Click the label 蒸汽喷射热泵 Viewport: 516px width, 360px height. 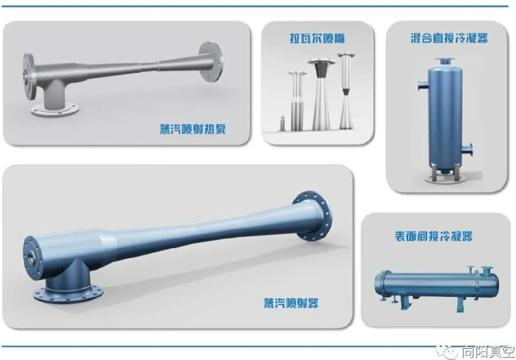coord(193,129)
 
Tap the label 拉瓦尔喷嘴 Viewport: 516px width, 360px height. coord(317,38)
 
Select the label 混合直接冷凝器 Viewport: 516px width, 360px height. coord(449,38)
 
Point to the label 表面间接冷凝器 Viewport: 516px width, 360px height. coord(434,236)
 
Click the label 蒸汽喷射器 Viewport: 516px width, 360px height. coord(291,303)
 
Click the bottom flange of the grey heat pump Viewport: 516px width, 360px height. coord(55,109)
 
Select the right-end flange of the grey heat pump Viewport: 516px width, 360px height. coord(210,61)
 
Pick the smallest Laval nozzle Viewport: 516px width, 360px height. coord(282,123)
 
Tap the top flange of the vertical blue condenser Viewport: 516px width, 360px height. coord(444,61)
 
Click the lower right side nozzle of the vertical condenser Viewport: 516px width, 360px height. coord(467,150)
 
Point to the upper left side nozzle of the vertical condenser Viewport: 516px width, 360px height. coord(423,85)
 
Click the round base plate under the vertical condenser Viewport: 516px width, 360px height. coord(444,179)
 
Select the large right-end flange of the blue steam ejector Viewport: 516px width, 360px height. coord(312,216)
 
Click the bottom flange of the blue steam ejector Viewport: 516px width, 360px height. coord(68,294)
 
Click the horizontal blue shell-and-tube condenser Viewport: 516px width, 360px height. coord(437,285)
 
